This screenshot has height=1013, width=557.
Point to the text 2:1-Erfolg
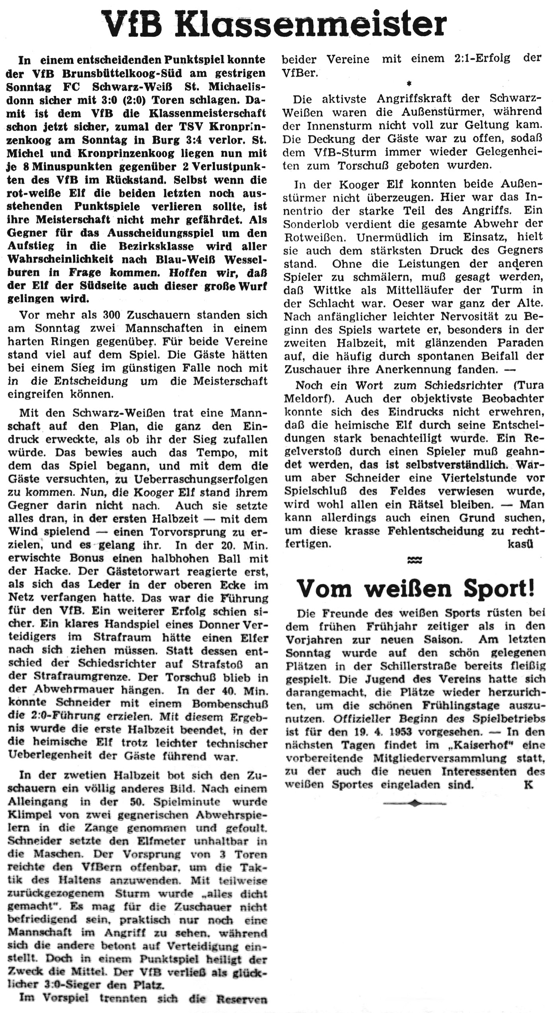(482, 59)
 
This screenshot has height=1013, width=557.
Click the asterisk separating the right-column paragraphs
(409, 84)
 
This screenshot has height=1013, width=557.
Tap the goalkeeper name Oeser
(409, 303)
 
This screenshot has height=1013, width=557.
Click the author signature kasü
(520, 544)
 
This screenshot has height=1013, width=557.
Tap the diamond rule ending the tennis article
(414, 804)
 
